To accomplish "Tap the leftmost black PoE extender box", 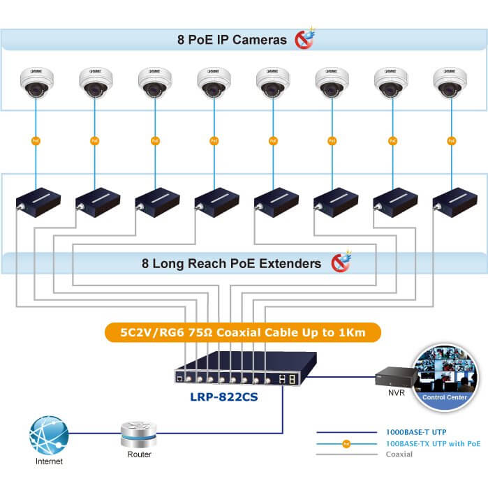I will point(38,200).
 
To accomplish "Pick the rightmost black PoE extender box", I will point(454,200).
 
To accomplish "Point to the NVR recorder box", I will point(393,377).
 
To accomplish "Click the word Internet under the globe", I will point(48,461).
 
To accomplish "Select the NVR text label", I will point(397,393).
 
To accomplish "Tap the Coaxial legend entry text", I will point(399,454).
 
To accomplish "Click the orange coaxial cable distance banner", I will point(243,332).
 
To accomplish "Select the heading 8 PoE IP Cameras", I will point(232,40).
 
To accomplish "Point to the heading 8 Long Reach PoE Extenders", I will point(231,263).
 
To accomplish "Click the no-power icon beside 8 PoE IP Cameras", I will point(304,38).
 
